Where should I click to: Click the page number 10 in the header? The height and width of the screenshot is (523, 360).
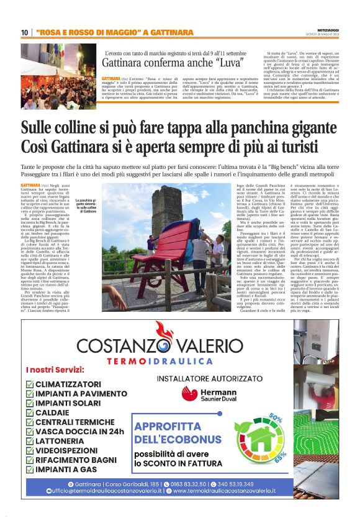24,32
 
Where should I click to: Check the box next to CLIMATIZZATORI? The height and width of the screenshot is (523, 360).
31,384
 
